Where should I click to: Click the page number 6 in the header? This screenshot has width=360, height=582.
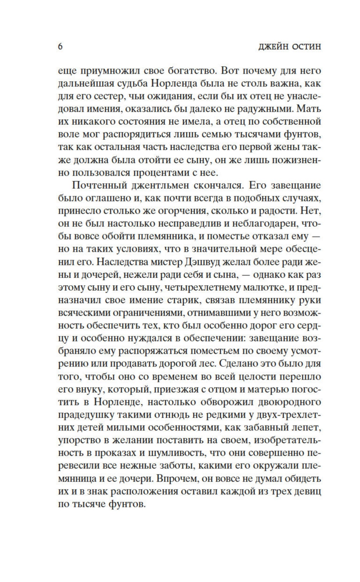60,47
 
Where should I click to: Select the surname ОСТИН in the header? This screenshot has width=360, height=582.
307,47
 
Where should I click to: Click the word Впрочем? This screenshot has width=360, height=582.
177,479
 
